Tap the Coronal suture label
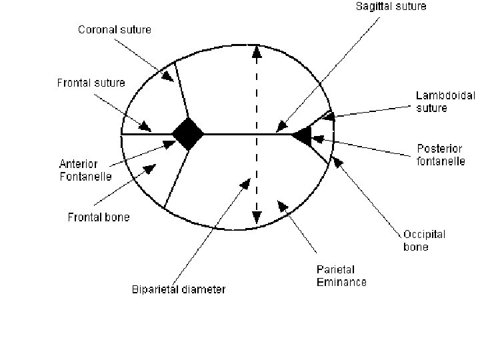115,29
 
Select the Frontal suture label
91,83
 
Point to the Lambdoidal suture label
445,101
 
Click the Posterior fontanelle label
441,155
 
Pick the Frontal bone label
99,217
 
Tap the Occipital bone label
424,240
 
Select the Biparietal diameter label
179,289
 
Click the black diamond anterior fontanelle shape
188,134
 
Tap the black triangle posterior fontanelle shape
301,135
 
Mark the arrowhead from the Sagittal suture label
282,125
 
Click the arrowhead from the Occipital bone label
337,161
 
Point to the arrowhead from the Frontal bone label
150,169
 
